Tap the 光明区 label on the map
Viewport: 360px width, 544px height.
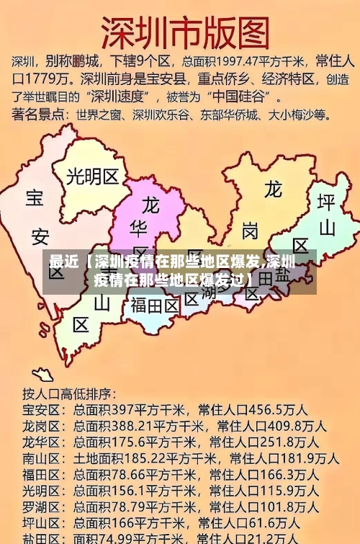[92, 177]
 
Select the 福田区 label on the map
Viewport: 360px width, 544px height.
[155, 306]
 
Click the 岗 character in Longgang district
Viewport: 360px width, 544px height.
[250, 231]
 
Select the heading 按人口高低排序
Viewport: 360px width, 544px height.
[69, 394]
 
